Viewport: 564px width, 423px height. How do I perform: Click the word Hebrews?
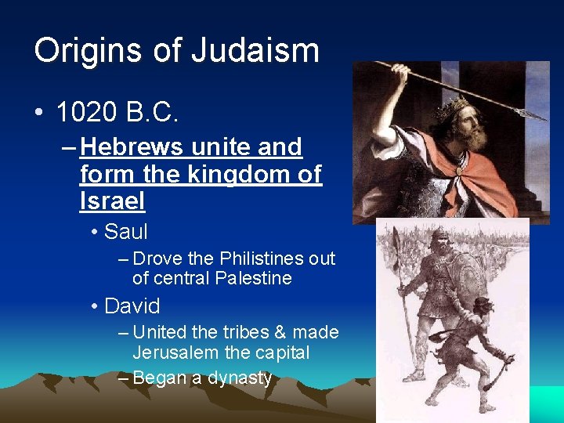(128, 147)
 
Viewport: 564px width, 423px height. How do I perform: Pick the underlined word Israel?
(112, 201)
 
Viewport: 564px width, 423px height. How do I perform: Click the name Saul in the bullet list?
(125, 232)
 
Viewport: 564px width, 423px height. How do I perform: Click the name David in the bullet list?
(132, 305)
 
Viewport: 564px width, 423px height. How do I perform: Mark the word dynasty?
(238, 378)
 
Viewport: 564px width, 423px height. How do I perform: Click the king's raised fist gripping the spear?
(399, 74)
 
